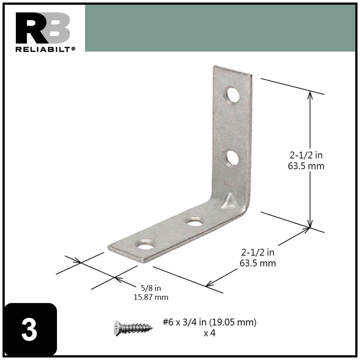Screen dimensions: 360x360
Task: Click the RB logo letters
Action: pyautogui.click(x=42, y=28)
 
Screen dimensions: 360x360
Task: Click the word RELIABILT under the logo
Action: pyautogui.click(x=44, y=49)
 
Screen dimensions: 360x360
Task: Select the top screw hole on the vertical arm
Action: pyautogui.click(x=233, y=94)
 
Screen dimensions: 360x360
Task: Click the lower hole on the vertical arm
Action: pyautogui.click(x=232, y=158)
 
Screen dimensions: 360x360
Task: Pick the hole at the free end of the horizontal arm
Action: pyautogui.click(x=145, y=246)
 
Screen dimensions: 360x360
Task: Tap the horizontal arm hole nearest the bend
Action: pyautogui.click(x=195, y=222)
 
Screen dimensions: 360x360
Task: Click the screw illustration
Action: pyautogui.click(x=133, y=327)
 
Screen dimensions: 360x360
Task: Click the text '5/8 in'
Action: pyautogui.click(x=151, y=288)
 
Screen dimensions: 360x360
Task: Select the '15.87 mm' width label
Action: pyautogui.click(x=151, y=297)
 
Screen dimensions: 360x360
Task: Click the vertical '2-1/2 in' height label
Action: pyautogui.click(x=306, y=156)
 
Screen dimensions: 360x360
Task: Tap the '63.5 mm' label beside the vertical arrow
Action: pyautogui.click(x=306, y=166)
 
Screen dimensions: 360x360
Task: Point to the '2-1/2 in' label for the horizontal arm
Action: pyautogui.click(x=258, y=252)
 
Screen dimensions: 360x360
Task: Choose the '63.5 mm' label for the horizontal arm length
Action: pyautogui.click(x=258, y=263)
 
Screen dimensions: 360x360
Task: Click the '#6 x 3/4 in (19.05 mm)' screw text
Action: pyautogui.click(x=209, y=322)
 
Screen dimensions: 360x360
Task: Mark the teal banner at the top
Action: pyautogui.click(x=220, y=28)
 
